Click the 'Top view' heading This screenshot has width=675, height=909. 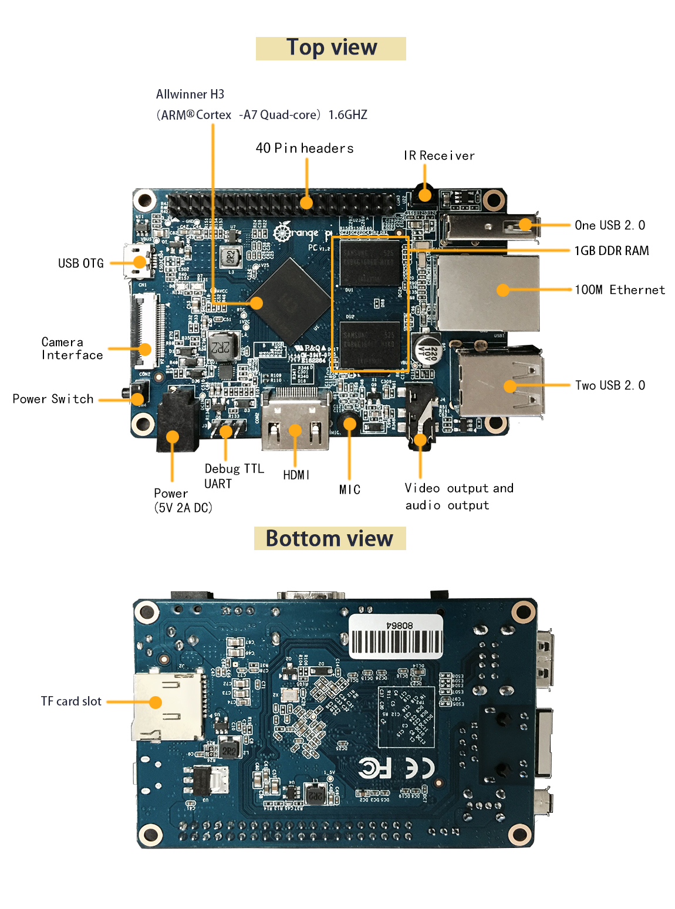pyautogui.click(x=331, y=48)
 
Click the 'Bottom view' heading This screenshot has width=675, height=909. pyautogui.click(x=329, y=538)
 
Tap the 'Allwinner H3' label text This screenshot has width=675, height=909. pyautogui.click(x=190, y=94)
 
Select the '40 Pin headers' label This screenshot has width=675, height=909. pyautogui.click(x=305, y=148)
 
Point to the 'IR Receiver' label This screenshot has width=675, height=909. pyautogui.click(x=439, y=156)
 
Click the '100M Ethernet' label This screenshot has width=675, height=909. pyautogui.click(x=619, y=290)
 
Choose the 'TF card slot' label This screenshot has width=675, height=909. pyautogui.click(x=71, y=701)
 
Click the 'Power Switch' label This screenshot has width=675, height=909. pyautogui.click(x=53, y=399)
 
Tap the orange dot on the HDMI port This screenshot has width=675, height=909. pyautogui.click(x=295, y=430)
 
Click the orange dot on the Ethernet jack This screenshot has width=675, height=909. pyautogui.click(x=503, y=290)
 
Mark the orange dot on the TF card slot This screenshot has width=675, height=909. pyautogui.click(x=156, y=702)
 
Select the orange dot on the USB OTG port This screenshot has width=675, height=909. pyautogui.click(x=139, y=262)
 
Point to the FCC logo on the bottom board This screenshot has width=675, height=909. pyautogui.click(x=374, y=768)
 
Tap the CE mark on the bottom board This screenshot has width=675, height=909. pyautogui.click(x=420, y=768)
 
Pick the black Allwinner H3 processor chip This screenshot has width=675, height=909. pyautogui.click(x=289, y=301)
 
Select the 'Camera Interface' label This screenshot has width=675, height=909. pyautogui.click(x=72, y=349)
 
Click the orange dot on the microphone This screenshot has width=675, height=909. pyautogui.click(x=350, y=423)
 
